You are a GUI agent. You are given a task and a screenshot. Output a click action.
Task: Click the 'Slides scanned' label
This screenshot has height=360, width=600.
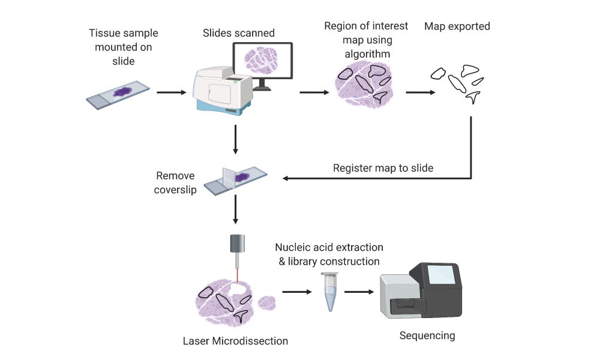238,33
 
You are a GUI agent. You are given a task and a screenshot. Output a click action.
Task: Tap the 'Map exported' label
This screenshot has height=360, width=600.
457,26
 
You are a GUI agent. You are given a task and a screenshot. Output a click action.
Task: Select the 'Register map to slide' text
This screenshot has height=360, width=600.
383,169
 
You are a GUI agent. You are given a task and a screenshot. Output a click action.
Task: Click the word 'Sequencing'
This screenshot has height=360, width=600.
427,335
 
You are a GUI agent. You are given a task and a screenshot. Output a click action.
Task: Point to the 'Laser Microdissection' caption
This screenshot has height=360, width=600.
235,341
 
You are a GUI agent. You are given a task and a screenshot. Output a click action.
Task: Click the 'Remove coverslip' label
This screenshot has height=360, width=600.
175,182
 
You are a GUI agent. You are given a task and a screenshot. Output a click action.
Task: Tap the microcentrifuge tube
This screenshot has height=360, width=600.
330,292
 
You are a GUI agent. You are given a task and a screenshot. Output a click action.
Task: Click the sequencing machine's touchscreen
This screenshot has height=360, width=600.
441,275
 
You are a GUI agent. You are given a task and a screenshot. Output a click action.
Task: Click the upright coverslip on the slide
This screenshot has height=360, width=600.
229,178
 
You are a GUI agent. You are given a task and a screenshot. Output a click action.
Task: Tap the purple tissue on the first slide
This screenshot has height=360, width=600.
122,92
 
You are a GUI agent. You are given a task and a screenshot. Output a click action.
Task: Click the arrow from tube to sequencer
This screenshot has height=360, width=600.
359,292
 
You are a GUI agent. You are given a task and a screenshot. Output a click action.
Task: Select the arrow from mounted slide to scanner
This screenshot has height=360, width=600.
172,92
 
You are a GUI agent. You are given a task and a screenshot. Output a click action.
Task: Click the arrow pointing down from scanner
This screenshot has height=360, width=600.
235,140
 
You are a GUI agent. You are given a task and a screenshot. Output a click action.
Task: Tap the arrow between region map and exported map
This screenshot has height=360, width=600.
421,92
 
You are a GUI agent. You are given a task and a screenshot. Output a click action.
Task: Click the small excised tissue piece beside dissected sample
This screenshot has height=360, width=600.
267,303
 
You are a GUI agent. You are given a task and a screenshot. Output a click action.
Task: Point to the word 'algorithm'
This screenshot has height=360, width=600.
367,54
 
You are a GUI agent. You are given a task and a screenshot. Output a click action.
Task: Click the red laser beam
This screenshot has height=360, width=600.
237,275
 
